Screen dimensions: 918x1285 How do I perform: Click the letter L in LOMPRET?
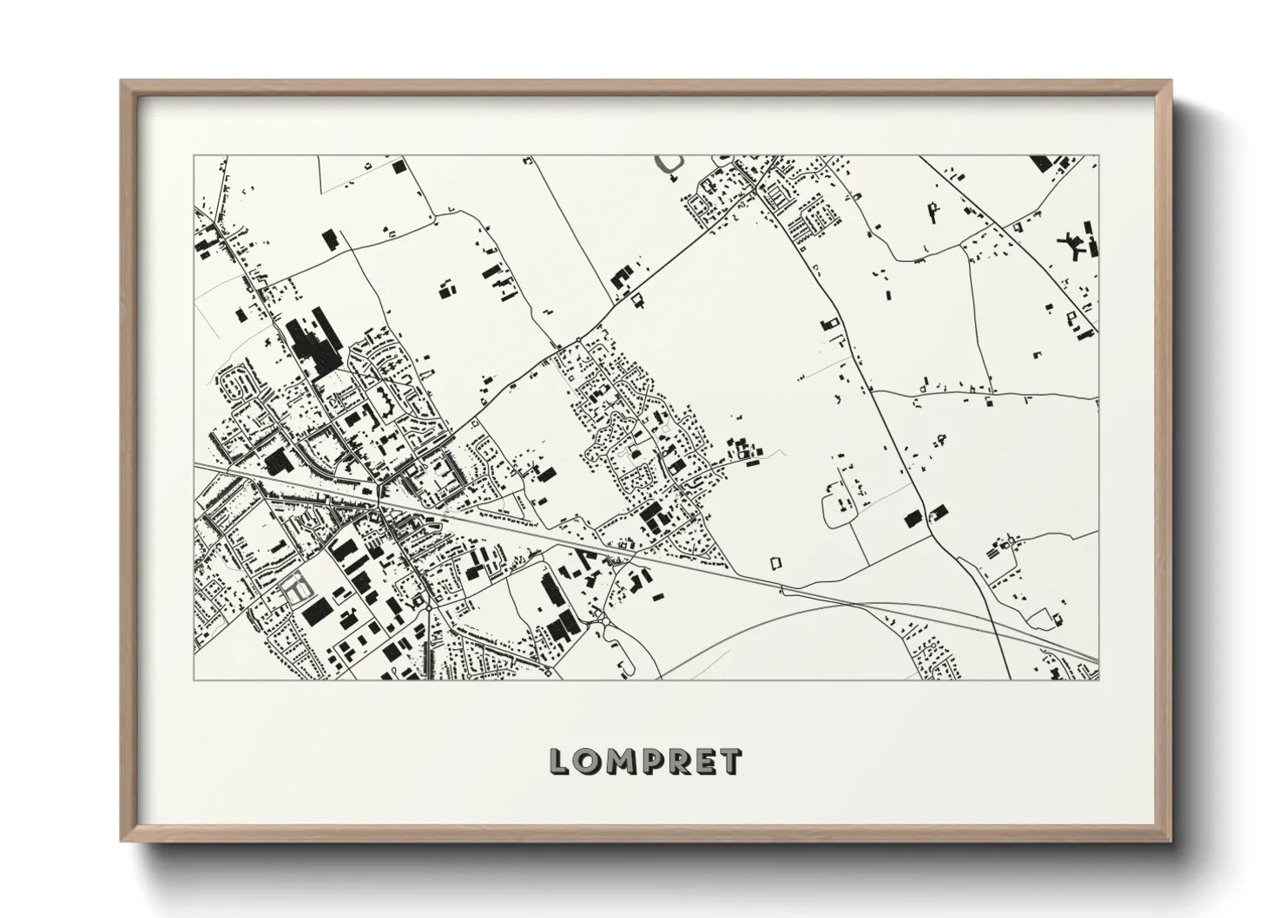point(559,762)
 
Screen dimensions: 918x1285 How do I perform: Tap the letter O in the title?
point(588,762)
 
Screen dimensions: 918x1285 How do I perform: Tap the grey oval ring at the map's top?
point(669,164)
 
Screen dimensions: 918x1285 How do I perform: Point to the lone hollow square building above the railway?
point(776,562)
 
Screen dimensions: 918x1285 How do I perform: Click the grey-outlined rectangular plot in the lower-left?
point(296,588)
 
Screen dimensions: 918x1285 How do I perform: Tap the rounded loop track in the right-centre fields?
point(836,509)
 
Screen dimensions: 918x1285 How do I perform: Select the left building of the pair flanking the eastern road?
point(912,519)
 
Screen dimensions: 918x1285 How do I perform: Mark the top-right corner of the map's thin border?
point(1098,156)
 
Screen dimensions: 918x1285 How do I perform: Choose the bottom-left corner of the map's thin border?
point(194,679)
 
